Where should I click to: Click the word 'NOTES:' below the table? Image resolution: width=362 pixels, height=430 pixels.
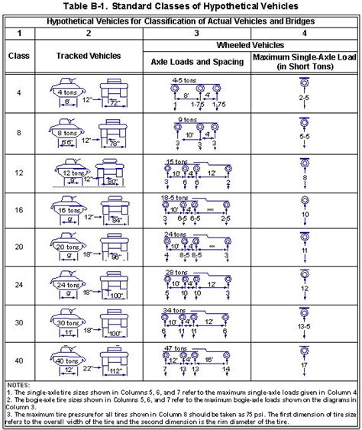17,383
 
